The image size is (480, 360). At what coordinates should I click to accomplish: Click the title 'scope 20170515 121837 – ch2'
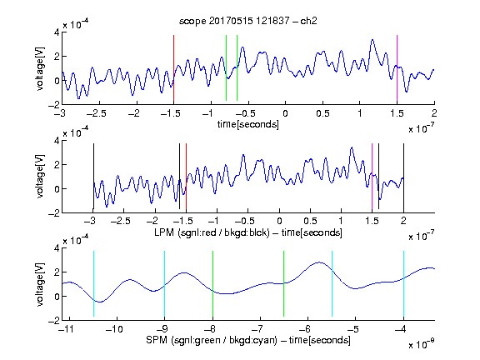click(x=248, y=21)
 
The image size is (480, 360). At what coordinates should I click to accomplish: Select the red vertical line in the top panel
click(x=173, y=68)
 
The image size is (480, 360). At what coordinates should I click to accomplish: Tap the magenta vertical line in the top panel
click(x=397, y=68)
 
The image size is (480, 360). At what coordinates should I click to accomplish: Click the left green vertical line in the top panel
click(x=226, y=68)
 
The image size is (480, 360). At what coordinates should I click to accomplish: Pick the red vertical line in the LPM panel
click(x=186, y=177)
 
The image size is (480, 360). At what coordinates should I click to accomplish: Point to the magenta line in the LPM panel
click(x=372, y=177)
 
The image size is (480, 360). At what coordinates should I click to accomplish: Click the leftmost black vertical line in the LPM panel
click(x=93, y=177)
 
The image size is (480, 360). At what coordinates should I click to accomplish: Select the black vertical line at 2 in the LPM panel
click(x=403, y=177)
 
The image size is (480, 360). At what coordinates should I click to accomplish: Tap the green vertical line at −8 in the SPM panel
click(x=212, y=284)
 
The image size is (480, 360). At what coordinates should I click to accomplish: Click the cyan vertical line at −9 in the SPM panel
click(x=165, y=284)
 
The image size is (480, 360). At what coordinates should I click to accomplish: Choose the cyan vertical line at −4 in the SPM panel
click(x=403, y=284)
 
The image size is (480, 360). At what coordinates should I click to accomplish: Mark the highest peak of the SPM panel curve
click(x=319, y=262)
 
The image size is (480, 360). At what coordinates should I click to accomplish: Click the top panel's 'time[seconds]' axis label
click(x=248, y=124)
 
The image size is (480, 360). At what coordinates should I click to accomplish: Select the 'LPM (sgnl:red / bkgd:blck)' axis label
click(x=212, y=232)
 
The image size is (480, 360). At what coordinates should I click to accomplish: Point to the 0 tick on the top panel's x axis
click(x=285, y=113)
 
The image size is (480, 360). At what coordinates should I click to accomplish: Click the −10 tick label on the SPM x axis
click(x=114, y=329)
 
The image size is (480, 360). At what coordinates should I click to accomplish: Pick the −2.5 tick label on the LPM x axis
click(x=120, y=221)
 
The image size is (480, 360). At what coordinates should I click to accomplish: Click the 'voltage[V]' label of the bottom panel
click(x=40, y=284)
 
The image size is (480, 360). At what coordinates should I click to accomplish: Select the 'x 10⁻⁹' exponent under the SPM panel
click(x=422, y=344)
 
